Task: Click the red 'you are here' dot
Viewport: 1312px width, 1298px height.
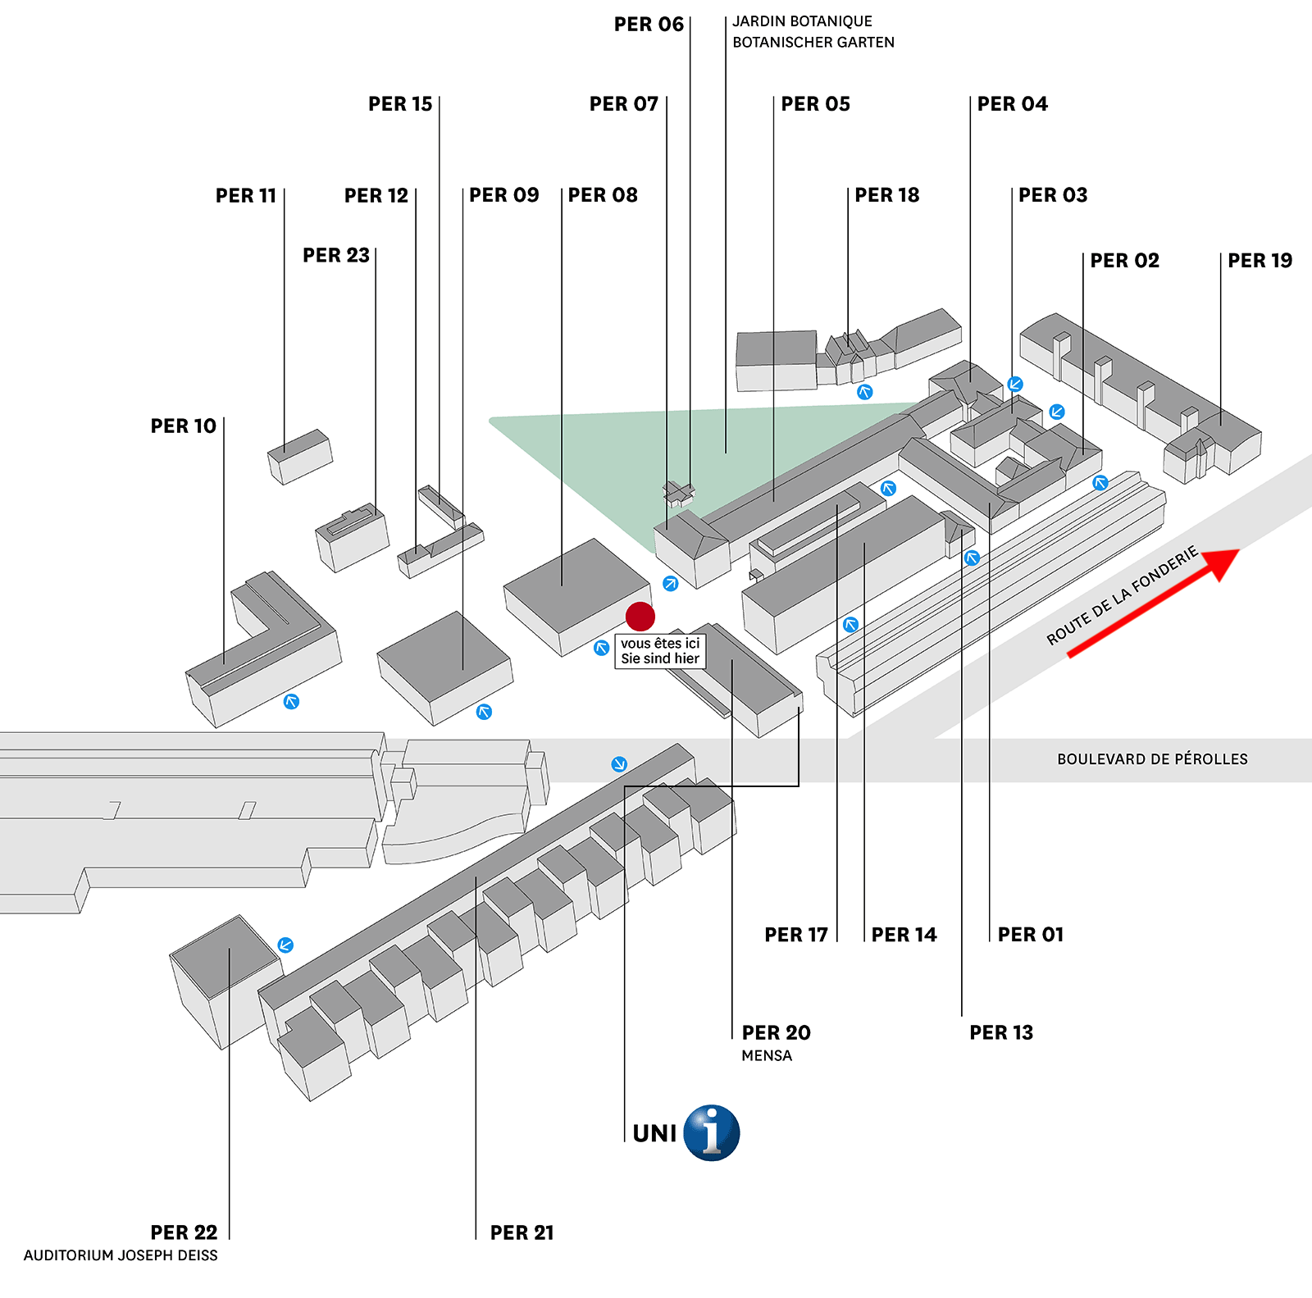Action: coord(640,617)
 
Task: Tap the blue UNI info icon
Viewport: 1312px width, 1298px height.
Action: coord(712,1132)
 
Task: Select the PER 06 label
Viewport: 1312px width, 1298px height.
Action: coord(649,25)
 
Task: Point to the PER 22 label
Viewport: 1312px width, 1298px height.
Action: coord(184,1232)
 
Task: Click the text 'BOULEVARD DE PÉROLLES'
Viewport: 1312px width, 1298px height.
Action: coord(1152,759)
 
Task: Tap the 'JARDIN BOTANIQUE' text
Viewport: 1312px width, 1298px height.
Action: coord(802,21)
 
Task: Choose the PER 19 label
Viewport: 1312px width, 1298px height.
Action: coord(1260,261)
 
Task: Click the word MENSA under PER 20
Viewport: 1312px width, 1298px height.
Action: coord(767,1056)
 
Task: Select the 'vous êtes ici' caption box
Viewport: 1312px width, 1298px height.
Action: coord(660,651)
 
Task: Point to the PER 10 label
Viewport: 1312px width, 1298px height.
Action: coord(183,426)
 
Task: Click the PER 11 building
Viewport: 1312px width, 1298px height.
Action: coord(300,457)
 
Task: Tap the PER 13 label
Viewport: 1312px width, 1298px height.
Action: coord(1001,1033)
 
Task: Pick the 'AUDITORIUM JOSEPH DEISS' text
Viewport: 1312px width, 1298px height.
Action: coord(121,1255)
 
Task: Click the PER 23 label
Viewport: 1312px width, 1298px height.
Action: coord(336,256)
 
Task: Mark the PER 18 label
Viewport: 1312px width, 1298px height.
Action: coord(886,195)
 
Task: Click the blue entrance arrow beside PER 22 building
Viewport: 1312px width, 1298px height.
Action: coord(285,945)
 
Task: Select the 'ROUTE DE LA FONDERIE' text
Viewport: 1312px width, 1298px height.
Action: coord(1123,595)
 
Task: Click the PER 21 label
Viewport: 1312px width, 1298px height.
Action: coord(522,1233)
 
